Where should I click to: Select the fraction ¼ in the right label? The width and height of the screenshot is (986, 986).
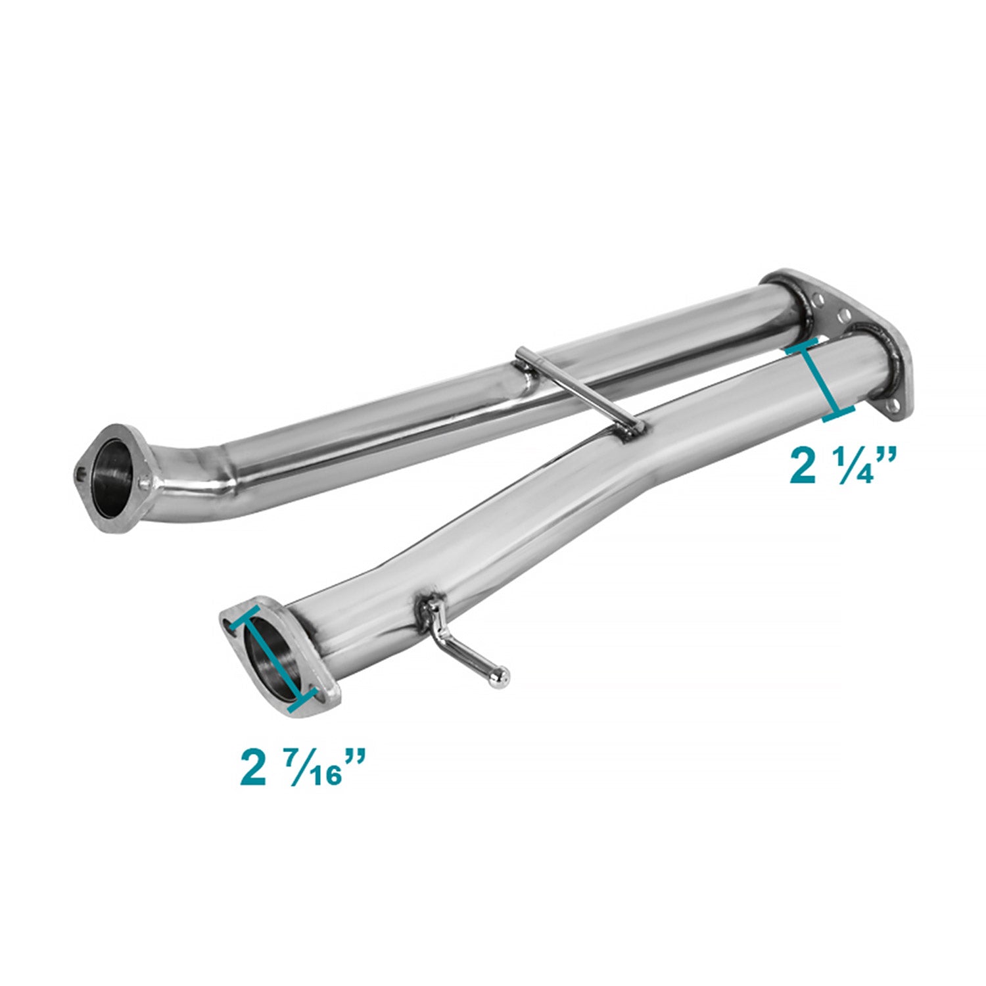pyautogui.click(x=857, y=467)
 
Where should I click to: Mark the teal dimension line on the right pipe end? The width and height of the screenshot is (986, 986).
pyautogui.click(x=820, y=380)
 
